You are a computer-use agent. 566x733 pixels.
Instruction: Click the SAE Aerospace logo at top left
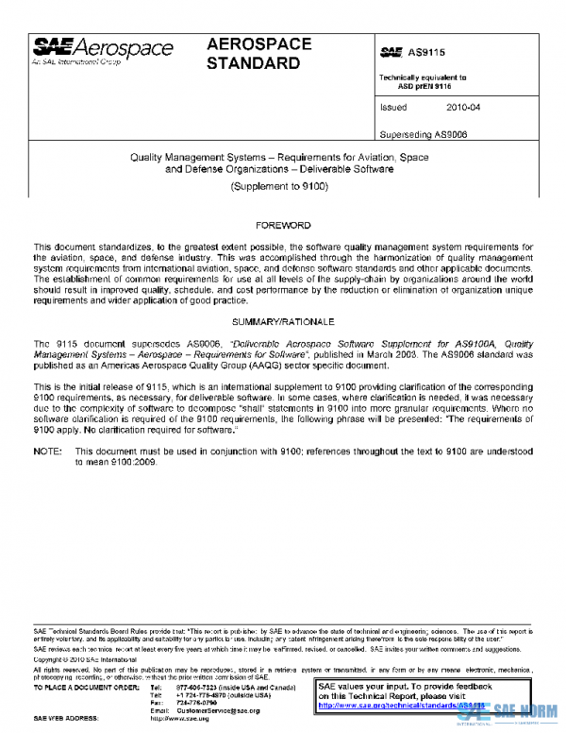pyautogui.click(x=103, y=51)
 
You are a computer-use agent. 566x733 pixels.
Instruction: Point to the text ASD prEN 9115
pyautogui.click(x=424, y=85)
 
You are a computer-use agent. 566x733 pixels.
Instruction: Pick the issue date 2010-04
pyautogui.click(x=463, y=108)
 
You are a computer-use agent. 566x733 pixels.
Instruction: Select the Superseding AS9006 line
pyautogui.click(x=424, y=133)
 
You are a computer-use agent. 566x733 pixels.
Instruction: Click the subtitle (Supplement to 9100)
pyautogui.click(x=279, y=187)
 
